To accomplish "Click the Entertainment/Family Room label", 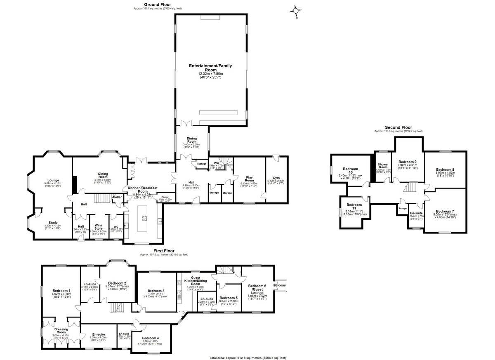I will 210,68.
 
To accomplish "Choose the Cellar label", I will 118,197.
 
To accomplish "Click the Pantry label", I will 165,197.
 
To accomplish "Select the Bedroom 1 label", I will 61,291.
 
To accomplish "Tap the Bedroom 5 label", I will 228,298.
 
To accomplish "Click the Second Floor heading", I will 398,127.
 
